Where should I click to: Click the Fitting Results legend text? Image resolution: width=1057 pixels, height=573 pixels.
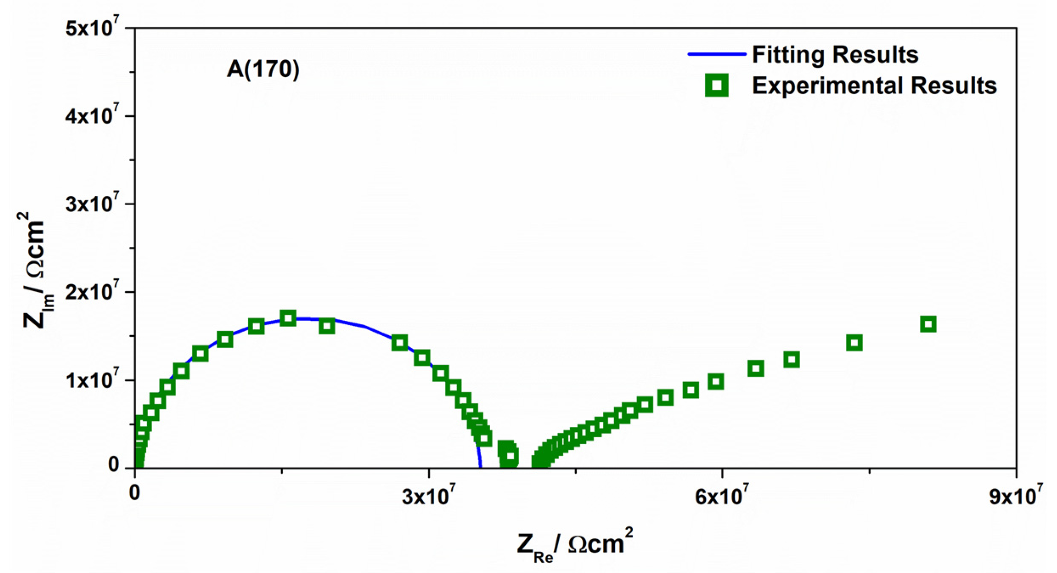coord(834,55)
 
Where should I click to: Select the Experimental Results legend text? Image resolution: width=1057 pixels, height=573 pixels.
coord(874,85)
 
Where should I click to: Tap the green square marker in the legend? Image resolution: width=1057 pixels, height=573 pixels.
coord(716,85)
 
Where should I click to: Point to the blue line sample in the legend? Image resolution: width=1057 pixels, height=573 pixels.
coord(716,54)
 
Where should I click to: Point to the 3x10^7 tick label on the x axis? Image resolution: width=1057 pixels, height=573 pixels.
coord(428,495)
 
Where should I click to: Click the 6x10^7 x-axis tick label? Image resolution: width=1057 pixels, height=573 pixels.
coord(721,495)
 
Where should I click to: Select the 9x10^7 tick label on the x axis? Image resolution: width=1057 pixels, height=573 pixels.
coord(1015,495)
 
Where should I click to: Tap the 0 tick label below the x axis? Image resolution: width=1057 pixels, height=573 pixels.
coord(134,493)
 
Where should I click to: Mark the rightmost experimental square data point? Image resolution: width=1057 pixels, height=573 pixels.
coord(928,324)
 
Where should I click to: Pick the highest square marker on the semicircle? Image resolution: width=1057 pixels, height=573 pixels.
coord(288,318)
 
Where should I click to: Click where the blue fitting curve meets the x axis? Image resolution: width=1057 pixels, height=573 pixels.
coord(481,467)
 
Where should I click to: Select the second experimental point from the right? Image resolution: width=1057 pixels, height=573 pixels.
coord(854,343)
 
